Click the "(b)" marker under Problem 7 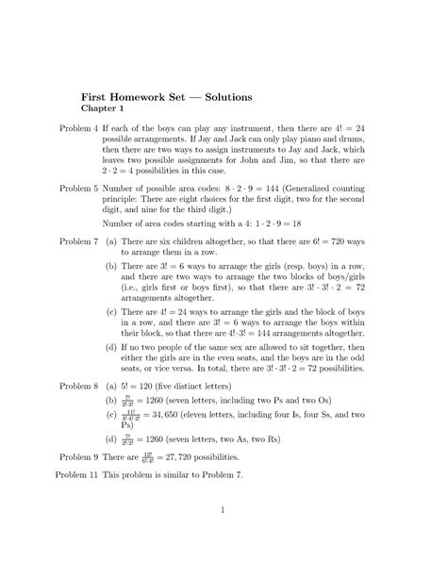111,268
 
